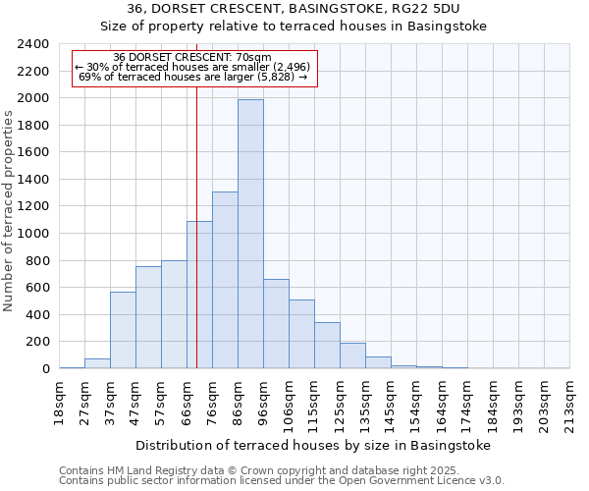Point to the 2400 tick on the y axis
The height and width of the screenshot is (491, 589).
(x=33, y=44)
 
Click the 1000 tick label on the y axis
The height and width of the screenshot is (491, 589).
(x=33, y=234)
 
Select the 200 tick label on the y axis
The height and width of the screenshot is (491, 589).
(x=37, y=342)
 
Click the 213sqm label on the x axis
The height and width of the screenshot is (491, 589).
(x=569, y=404)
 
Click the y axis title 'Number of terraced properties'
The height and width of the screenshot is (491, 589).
(x=10, y=210)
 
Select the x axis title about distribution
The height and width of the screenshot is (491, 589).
(x=312, y=445)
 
